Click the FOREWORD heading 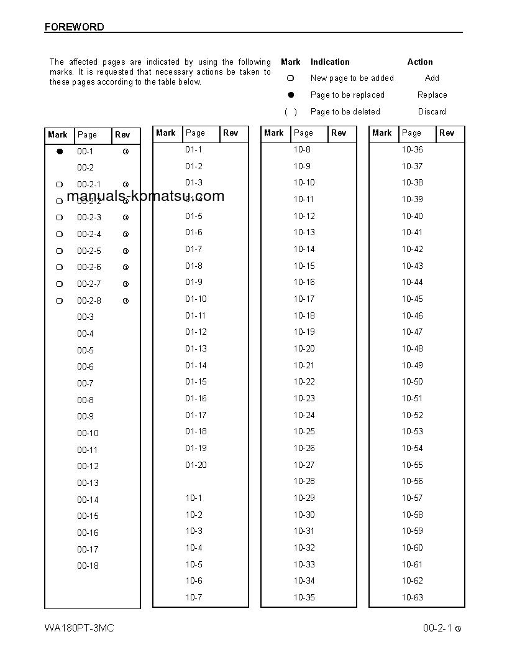pos(74,27)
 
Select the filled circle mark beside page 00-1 pos(60,151)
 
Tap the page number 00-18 pos(88,566)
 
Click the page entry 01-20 pos(196,465)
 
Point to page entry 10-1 pos(193,498)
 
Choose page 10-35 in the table pos(304,597)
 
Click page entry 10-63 pos(412,597)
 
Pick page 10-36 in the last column pos(412,149)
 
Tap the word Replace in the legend pos(432,95)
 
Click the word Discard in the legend pos(432,112)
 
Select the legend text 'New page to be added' pos(352,78)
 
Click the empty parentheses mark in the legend pos(290,112)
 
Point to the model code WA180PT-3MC pos(79,628)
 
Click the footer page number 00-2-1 pos(437,628)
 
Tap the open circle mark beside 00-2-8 pos(60,301)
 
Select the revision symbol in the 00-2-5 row pos(126,251)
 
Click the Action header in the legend pos(420,62)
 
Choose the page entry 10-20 pos(304,348)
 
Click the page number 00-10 pos(88,433)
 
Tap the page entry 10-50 pos(412,381)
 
